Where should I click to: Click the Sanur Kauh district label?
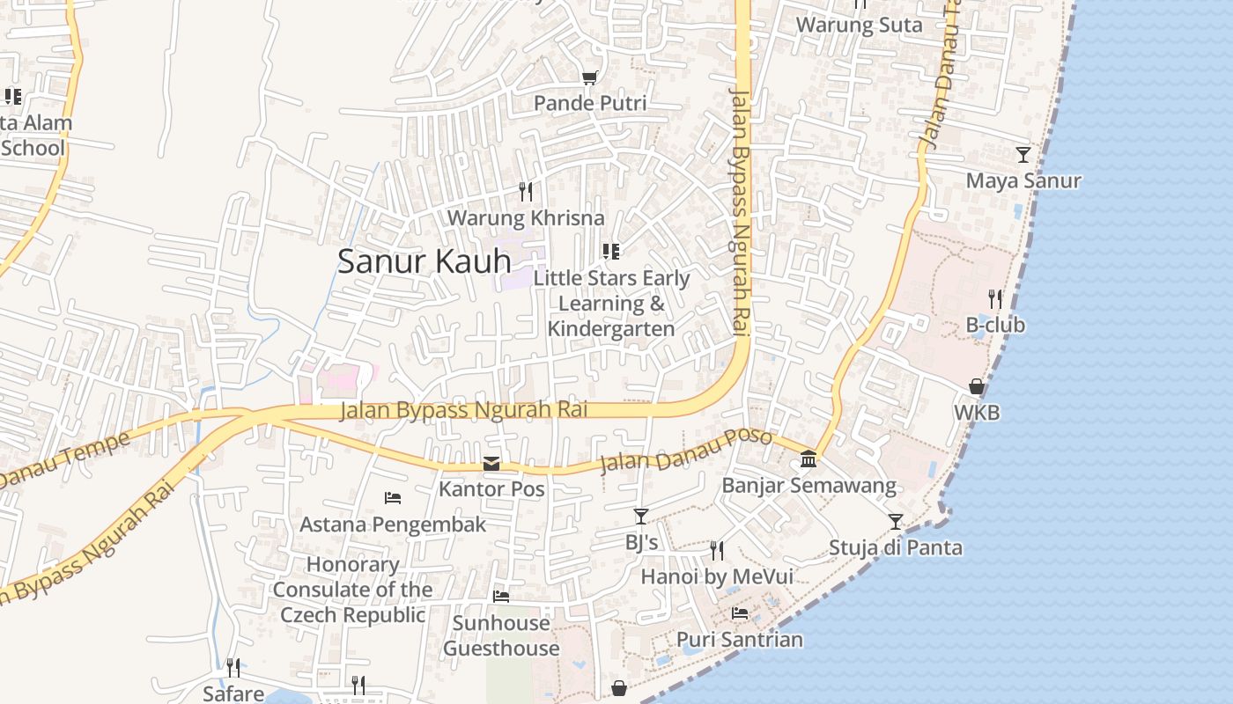point(425,261)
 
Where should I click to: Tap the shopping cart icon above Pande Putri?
point(589,78)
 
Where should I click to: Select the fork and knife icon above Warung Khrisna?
point(526,191)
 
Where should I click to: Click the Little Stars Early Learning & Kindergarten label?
point(611,303)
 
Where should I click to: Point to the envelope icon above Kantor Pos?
point(491,464)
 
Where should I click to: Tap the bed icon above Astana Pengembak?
point(393,498)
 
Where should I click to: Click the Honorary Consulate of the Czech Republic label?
point(352,589)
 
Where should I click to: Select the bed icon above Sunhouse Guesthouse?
point(501,597)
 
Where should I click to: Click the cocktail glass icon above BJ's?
point(641,517)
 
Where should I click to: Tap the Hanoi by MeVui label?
point(716,576)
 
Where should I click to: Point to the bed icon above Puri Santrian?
point(740,613)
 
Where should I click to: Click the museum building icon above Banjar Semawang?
point(808,459)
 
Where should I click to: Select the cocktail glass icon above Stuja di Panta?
point(895,522)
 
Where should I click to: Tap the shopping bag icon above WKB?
point(977,386)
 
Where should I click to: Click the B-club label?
point(995,325)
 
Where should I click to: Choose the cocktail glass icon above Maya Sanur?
point(1023,155)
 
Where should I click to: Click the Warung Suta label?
point(859,25)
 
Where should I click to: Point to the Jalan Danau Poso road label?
point(685,450)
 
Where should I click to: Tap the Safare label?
point(233,693)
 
